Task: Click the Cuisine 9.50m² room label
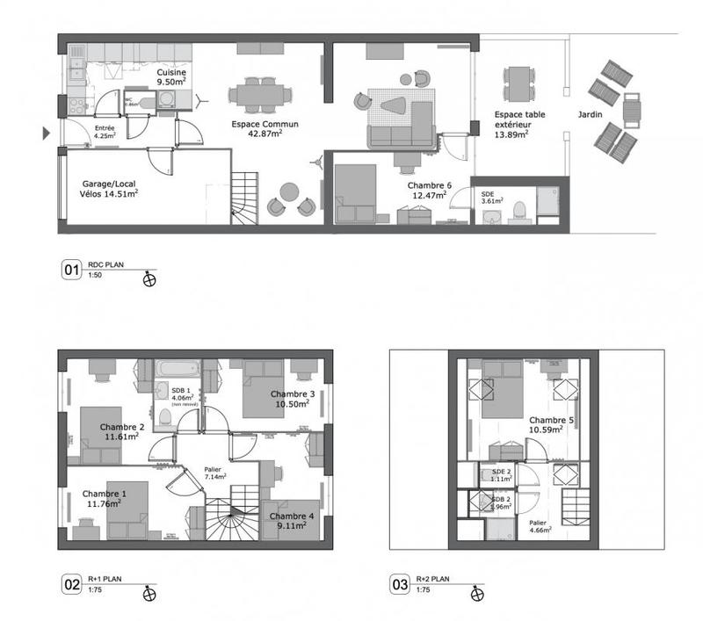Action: click(x=171, y=77)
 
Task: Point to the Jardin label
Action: click(x=590, y=115)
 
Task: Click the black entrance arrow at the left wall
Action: click(x=46, y=134)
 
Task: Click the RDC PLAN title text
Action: click(x=105, y=266)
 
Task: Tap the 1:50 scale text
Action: click(x=94, y=277)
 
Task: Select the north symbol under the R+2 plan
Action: click(x=477, y=592)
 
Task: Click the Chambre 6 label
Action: click(x=431, y=191)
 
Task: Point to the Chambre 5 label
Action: click(x=551, y=425)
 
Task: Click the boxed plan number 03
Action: click(x=400, y=583)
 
